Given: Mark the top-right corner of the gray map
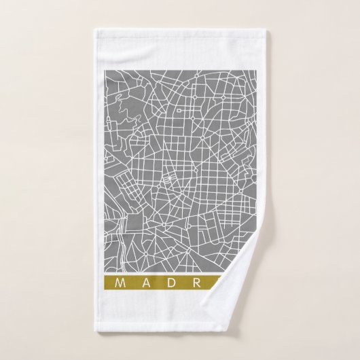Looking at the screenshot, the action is pyautogui.click(x=255, y=69).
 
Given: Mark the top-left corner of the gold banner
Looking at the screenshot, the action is pyautogui.click(x=104, y=276).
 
